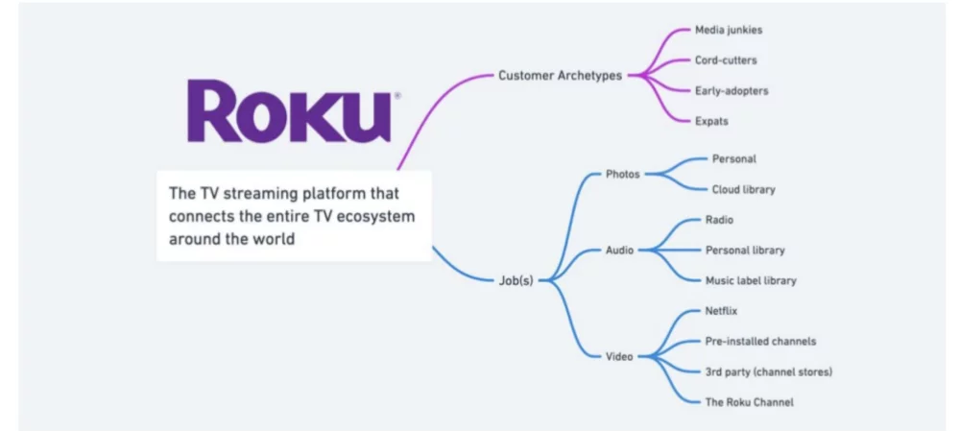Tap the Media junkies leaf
(729, 30)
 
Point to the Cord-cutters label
(726, 60)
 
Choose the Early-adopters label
(732, 90)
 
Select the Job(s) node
(516, 281)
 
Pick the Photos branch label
(622, 174)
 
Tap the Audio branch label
(619, 251)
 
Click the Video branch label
(619, 357)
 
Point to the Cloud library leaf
(743, 189)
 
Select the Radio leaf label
(719, 220)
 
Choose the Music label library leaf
(751, 280)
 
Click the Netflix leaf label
(721, 311)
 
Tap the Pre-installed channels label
(760, 341)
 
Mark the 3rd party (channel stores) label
(768, 371)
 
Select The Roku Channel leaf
(750, 402)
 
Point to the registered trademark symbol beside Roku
(397, 96)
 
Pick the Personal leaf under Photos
(733, 158)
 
